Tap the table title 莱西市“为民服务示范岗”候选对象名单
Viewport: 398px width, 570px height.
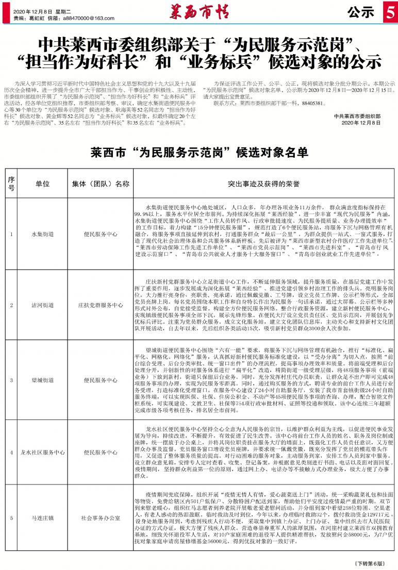tap(198, 153)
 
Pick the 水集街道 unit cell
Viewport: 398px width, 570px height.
tap(43, 234)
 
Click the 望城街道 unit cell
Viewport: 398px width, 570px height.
tap(43, 380)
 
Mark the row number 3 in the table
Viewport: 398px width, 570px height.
tap(11, 380)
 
